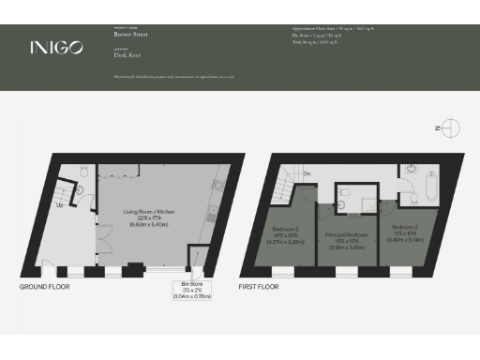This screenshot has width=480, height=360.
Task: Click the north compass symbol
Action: tap(452, 127)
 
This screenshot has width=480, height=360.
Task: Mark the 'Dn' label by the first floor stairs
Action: tap(307, 174)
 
